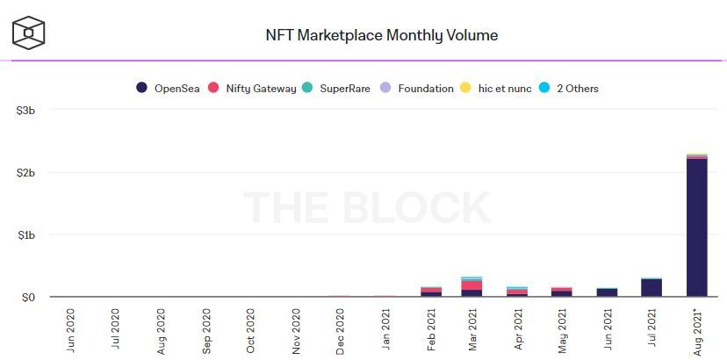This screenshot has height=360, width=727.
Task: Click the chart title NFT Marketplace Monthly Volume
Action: click(x=381, y=36)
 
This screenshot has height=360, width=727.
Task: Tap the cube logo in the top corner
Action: click(x=28, y=33)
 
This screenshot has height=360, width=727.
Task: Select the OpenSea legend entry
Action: click(x=169, y=88)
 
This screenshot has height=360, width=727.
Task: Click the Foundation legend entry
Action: click(x=417, y=88)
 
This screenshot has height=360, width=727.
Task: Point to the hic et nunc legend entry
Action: click(x=496, y=88)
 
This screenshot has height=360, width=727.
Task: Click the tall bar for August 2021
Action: click(x=697, y=228)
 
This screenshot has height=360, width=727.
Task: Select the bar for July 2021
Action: click(x=651, y=288)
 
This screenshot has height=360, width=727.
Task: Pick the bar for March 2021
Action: click(x=471, y=288)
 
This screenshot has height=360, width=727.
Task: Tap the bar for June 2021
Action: click(x=607, y=292)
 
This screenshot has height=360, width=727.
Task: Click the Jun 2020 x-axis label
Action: click(x=71, y=330)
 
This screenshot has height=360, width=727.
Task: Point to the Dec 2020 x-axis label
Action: click(x=341, y=330)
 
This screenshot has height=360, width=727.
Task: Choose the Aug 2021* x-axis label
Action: click(x=697, y=330)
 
